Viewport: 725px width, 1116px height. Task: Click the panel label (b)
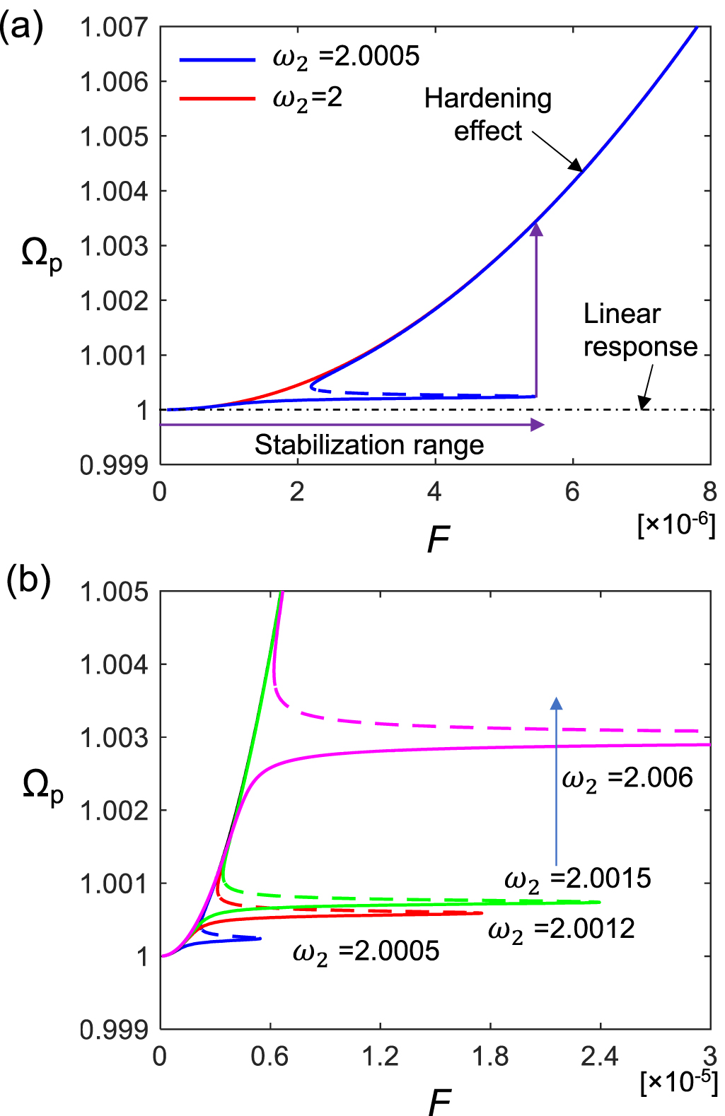click(28, 580)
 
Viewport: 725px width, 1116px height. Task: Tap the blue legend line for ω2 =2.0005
click(216, 60)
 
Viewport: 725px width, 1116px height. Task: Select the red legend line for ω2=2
click(216, 98)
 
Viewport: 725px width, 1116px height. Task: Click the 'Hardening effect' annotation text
click(487, 114)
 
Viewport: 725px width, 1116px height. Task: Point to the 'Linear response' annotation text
click(639, 330)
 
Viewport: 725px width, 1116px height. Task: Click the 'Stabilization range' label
click(369, 445)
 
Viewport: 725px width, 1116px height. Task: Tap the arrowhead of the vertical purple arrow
click(536, 228)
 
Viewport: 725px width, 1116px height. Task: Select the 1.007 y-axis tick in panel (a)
click(114, 28)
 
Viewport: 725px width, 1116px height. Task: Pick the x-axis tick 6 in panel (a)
click(572, 491)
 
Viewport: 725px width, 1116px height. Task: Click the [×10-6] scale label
click(676, 524)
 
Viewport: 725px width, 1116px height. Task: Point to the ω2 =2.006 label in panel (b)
click(627, 778)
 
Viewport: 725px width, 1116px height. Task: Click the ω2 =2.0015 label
click(577, 879)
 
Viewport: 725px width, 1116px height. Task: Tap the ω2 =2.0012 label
click(562, 929)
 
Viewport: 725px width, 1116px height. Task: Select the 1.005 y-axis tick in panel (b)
click(114, 592)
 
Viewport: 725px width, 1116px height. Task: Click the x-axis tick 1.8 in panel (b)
click(489, 1056)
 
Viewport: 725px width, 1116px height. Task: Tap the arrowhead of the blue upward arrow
click(557, 703)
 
